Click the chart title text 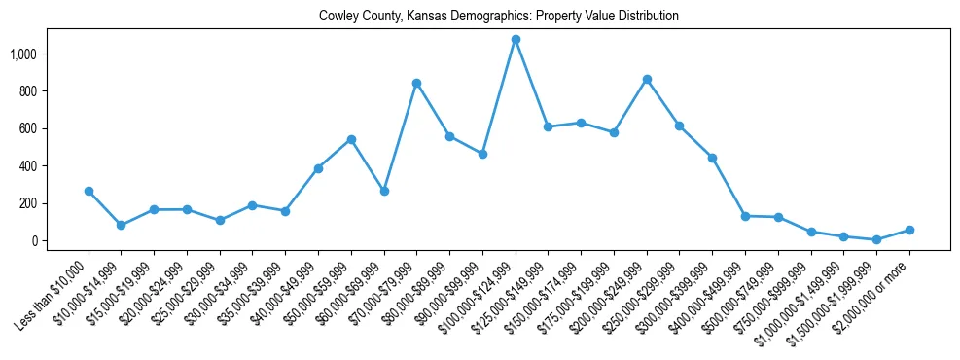[x=499, y=17]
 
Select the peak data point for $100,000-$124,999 [x=516, y=40]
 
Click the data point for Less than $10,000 [x=89, y=192]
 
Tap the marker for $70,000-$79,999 [x=416, y=84]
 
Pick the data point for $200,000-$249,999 [x=647, y=79]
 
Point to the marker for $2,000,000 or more [x=909, y=230]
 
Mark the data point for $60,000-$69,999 [x=384, y=192]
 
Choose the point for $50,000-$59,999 [x=351, y=139]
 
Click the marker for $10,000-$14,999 [x=121, y=225]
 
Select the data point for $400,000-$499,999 [x=745, y=216]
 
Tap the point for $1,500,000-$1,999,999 [x=876, y=239]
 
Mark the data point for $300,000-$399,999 [x=712, y=158]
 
